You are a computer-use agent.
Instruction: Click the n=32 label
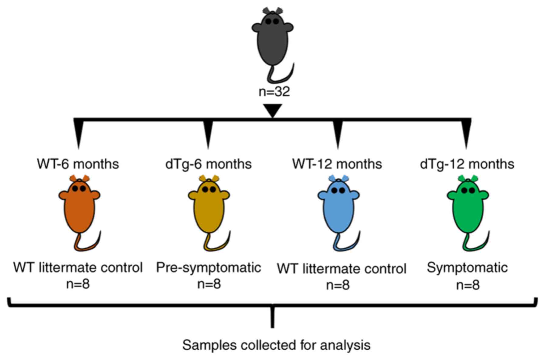point(274,91)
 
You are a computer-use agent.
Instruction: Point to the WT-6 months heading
point(78,164)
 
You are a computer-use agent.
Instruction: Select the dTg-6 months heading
point(209,164)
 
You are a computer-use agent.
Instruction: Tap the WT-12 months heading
point(337,164)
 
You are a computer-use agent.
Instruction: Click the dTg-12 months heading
point(467,164)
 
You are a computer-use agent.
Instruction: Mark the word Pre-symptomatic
point(209,268)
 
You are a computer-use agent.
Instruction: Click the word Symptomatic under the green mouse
point(467,268)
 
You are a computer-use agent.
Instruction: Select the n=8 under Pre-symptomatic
point(209,284)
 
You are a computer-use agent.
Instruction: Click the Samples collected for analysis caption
point(276,345)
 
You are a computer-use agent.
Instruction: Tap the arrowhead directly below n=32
point(273,110)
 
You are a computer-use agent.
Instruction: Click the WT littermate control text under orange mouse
point(78,268)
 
